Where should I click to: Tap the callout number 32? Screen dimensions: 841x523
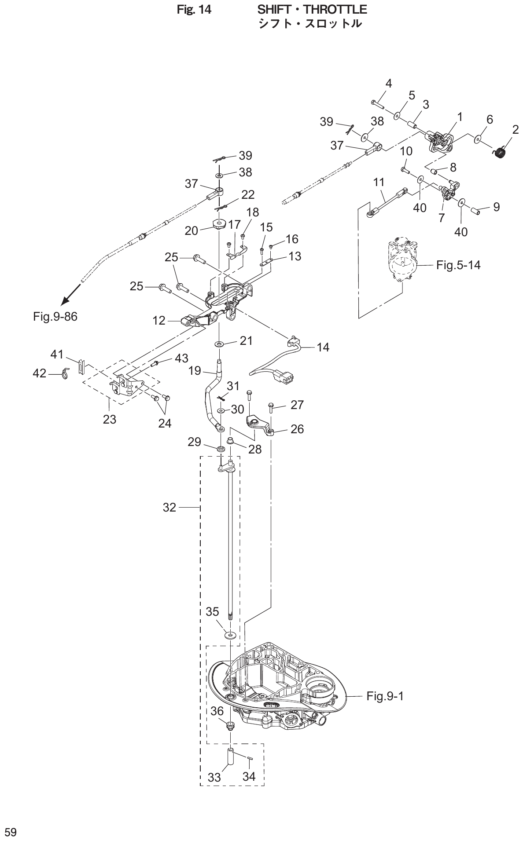click(x=169, y=508)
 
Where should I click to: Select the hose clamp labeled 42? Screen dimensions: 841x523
click(x=66, y=374)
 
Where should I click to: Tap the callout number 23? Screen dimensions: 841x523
click(x=110, y=419)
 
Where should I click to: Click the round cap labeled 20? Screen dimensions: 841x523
click(x=218, y=224)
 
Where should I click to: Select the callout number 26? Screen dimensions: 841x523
click(x=297, y=429)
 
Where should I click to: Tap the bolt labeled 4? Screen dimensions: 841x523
click(x=377, y=105)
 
